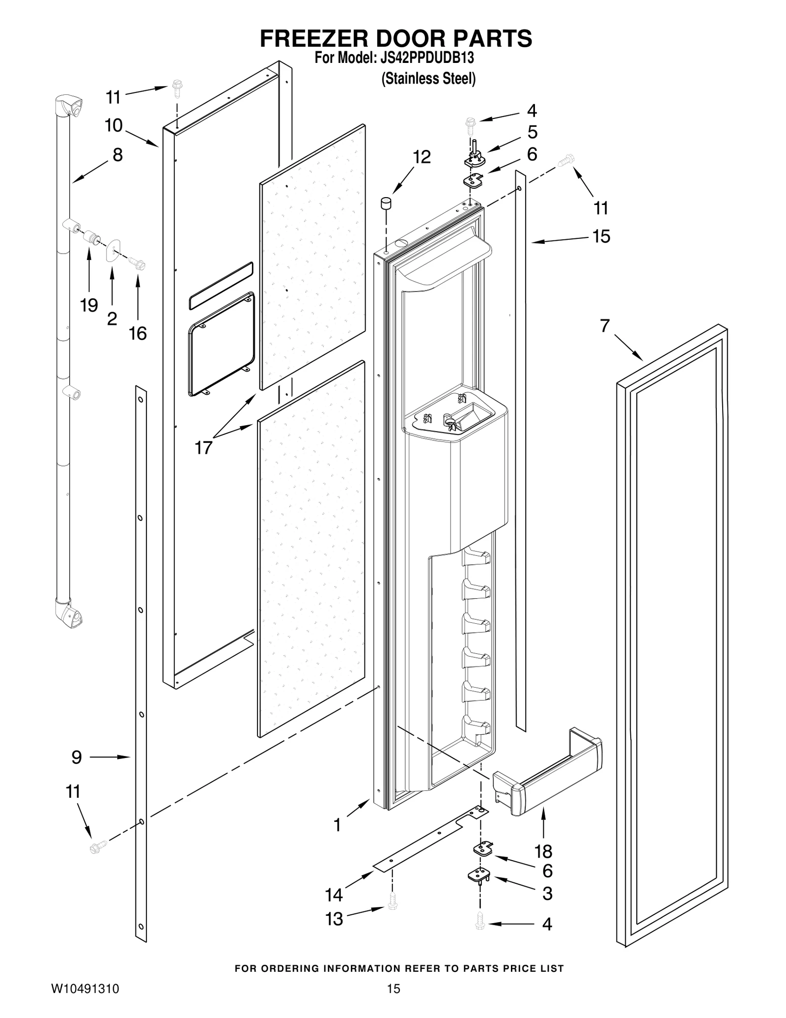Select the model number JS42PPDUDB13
[x=427, y=58]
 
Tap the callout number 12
[x=421, y=157]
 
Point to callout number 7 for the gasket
[x=605, y=325]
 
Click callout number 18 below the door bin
[x=543, y=850]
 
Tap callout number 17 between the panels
[x=203, y=447]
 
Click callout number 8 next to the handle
[x=117, y=155]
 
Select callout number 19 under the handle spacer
[x=89, y=305]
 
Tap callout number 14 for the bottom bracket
[x=334, y=895]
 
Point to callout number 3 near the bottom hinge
[x=547, y=894]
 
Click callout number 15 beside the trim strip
[x=601, y=236]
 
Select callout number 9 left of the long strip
[x=77, y=757]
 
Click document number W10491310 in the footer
[x=85, y=989]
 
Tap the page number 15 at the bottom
[x=393, y=989]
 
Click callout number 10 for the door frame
[x=113, y=125]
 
